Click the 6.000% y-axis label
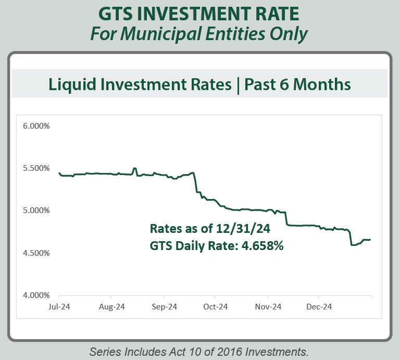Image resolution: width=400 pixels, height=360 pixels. [x=36, y=126]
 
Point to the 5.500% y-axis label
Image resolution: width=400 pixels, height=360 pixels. [x=36, y=168]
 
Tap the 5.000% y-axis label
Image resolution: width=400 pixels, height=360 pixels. [x=36, y=210]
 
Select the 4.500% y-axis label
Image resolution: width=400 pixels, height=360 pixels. [x=36, y=253]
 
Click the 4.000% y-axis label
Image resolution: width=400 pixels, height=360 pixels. [x=36, y=295]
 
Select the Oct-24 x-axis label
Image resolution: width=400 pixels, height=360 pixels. [x=216, y=307]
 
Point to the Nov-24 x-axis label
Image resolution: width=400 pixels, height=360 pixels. [x=268, y=307]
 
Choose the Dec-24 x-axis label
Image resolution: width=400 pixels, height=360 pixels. [x=320, y=307]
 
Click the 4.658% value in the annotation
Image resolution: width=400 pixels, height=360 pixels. [x=262, y=246]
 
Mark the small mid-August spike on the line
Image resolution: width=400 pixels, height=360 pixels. [x=134, y=168]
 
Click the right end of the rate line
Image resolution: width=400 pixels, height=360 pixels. [x=370, y=240]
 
